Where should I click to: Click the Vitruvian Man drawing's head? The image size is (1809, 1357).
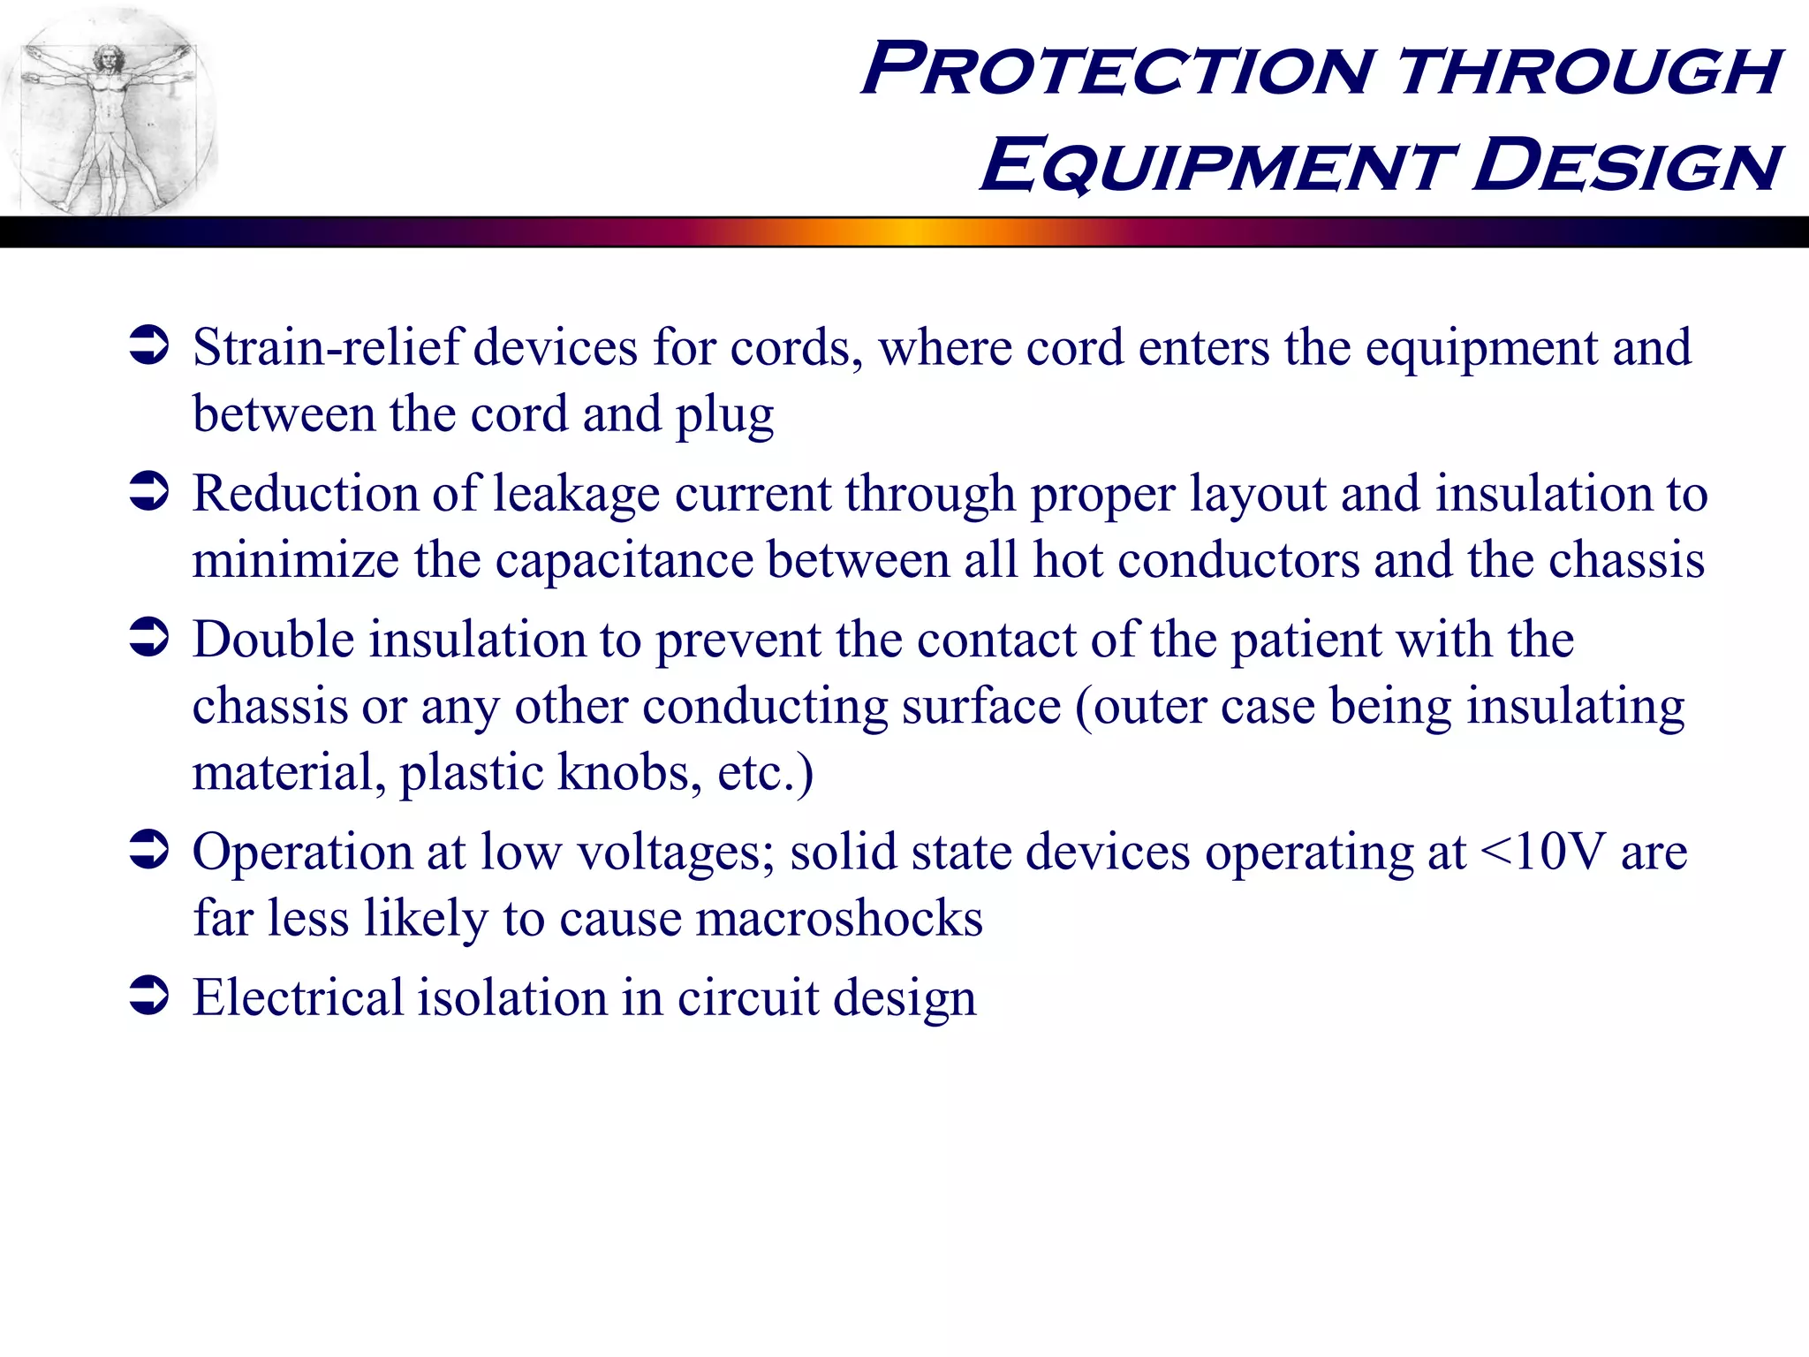click(110, 60)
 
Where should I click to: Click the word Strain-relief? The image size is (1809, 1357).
click(328, 347)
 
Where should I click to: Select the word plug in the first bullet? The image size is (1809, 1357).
click(724, 415)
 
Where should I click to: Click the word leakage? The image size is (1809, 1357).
click(575, 493)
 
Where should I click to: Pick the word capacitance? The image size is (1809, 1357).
click(624, 560)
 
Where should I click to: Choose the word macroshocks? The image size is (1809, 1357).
click(839, 918)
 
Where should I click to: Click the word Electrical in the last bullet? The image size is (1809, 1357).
click(298, 997)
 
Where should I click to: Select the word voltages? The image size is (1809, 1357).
click(676, 853)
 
